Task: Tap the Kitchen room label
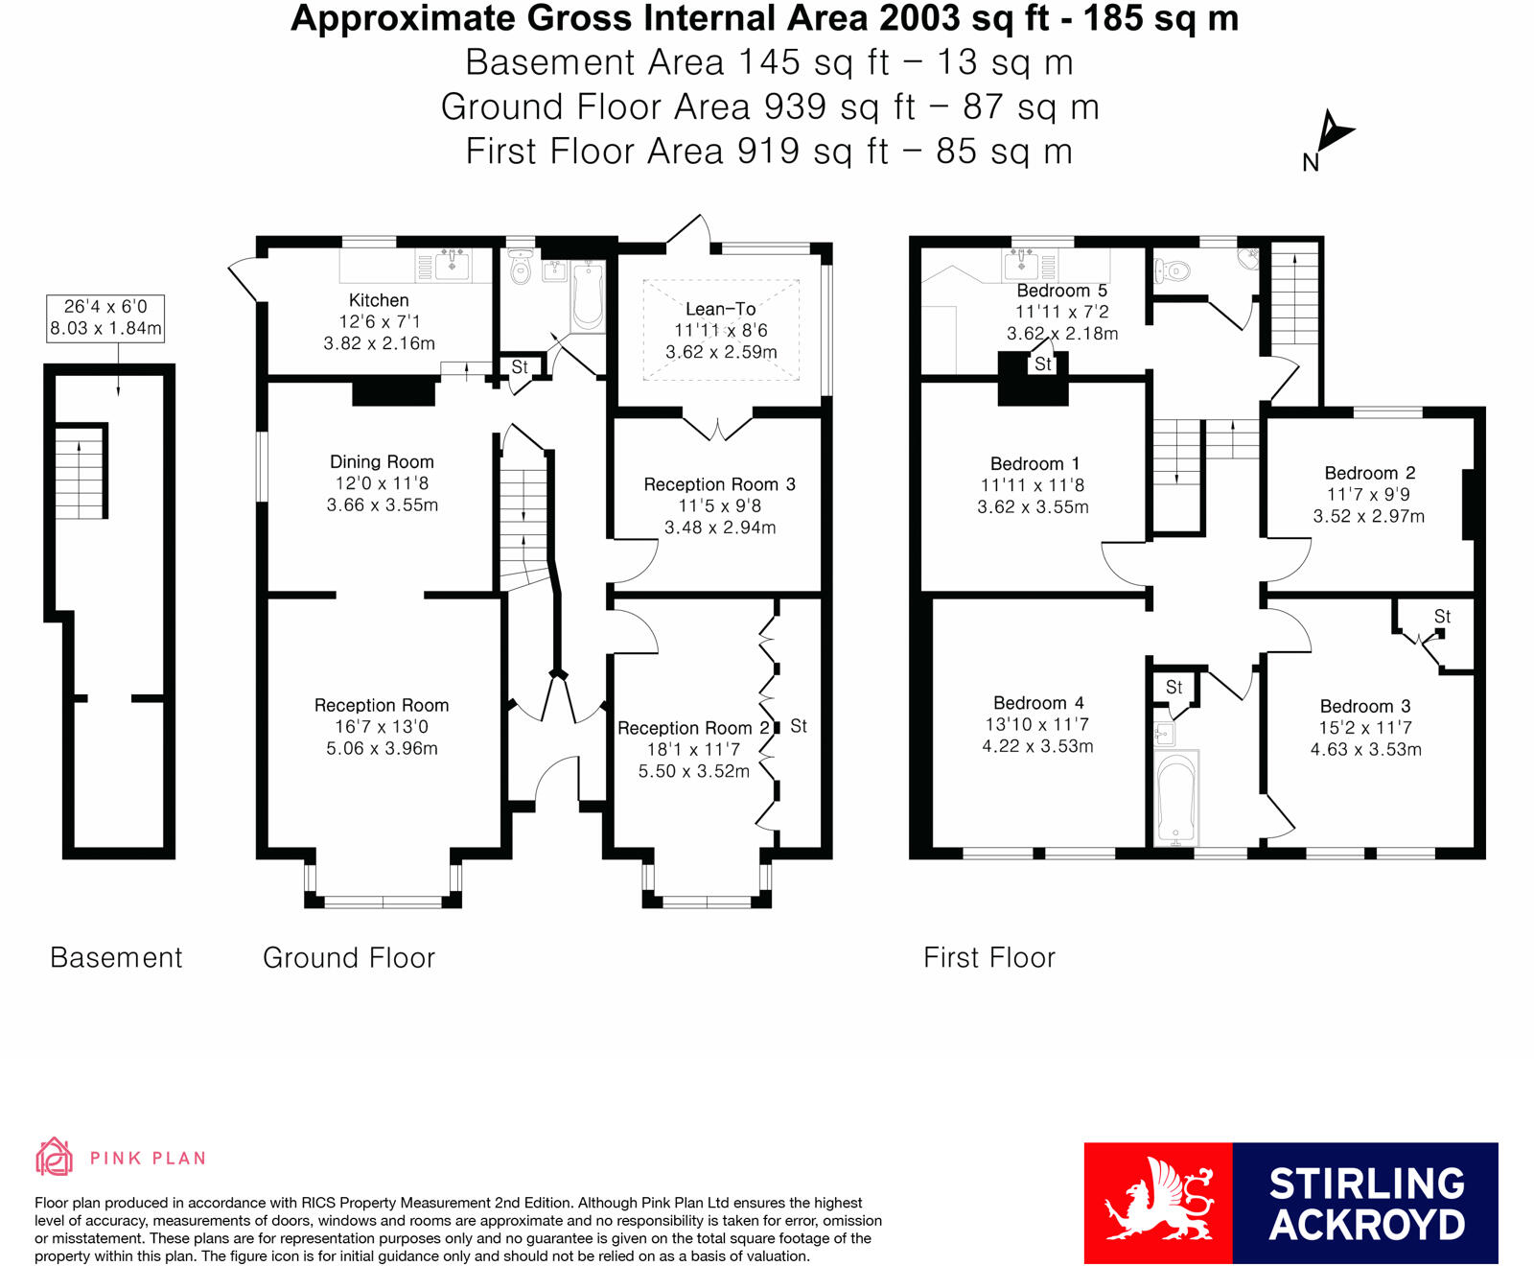point(379,300)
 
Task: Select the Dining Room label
point(382,461)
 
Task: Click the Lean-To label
point(721,309)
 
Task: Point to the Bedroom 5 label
point(1062,291)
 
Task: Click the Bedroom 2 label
point(1370,473)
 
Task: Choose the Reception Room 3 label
point(720,484)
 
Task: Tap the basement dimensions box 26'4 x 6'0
point(105,317)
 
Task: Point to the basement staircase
point(80,473)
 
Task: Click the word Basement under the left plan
point(116,957)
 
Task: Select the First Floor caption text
point(989,957)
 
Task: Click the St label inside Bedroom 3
point(1442,617)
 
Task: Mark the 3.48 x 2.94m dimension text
point(720,527)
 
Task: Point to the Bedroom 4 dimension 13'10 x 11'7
point(1037,724)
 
